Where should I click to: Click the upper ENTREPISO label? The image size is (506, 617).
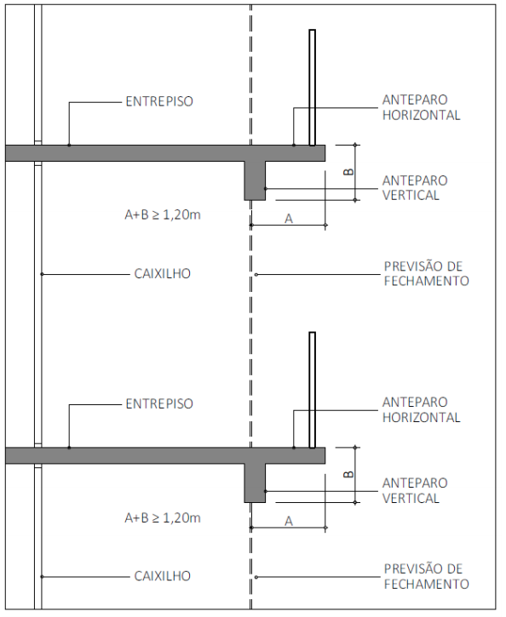point(159,101)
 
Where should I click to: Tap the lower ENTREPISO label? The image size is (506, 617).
point(159,403)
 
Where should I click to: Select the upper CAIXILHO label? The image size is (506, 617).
point(162,273)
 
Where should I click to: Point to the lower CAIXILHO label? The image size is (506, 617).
point(162,576)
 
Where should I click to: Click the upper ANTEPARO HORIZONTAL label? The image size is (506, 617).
point(422,107)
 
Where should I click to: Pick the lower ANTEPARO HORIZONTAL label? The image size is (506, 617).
point(422,409)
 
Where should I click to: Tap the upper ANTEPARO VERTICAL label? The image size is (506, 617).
point(415,188)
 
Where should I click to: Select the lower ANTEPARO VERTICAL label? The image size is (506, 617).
point(415,491)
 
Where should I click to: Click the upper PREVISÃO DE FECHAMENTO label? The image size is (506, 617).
point(427,273)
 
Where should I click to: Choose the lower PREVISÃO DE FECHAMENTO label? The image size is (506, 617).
point(427,576)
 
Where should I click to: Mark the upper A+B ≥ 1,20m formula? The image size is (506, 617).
point(163,214)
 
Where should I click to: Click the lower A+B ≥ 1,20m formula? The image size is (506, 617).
point(163,517)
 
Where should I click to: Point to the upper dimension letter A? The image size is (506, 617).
point(289,219)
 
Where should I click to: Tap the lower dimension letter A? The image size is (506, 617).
point(289,522)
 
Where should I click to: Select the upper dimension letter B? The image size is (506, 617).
point(348,172)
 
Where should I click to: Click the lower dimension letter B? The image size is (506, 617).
point(348,474)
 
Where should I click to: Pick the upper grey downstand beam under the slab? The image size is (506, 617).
point(255,180)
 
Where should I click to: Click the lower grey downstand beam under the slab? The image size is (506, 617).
point(255,483)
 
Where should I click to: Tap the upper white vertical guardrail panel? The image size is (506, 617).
point(313,88)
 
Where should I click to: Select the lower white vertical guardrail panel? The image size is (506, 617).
point(313,390)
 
